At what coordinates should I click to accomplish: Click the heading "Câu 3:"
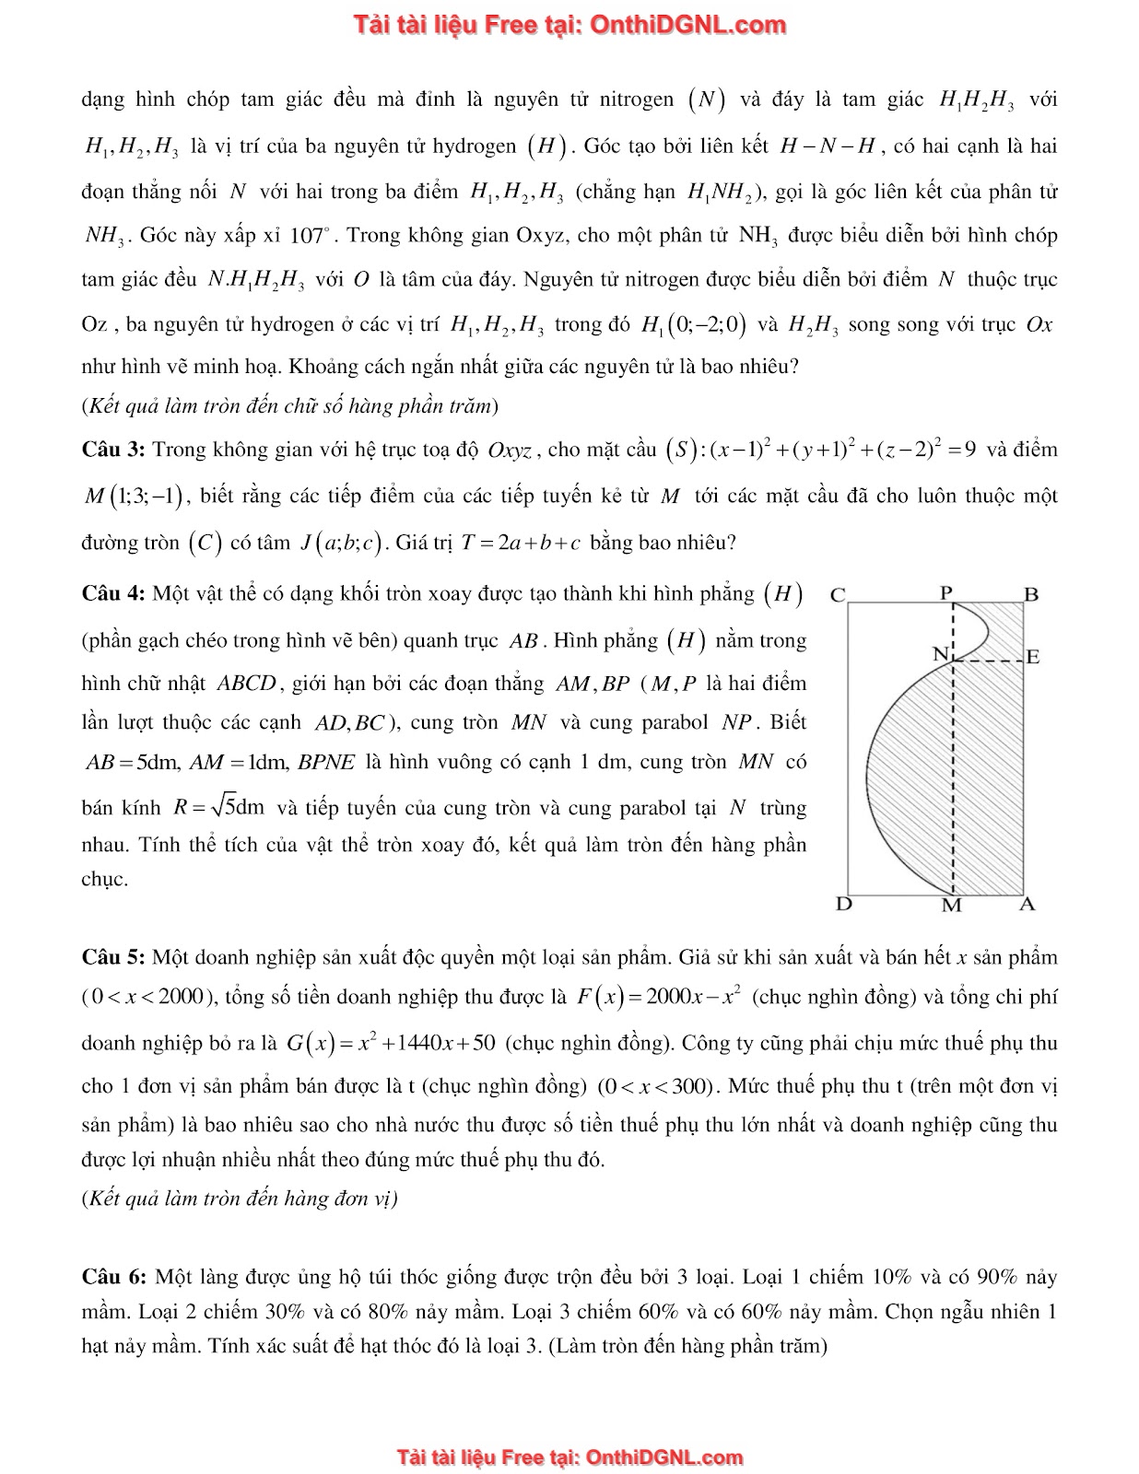(113, 450)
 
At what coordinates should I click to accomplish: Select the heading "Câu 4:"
(113, 594)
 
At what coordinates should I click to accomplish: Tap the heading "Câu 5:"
(113, 958)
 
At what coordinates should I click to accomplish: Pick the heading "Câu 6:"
(113, 1278)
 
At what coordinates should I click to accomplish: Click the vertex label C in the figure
(838, 595)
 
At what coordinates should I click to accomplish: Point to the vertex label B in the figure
(1031, 594)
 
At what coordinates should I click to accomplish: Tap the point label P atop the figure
(946, 592)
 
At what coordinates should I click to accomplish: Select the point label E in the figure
(1033, 657)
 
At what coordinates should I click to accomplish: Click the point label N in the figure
(940, 654)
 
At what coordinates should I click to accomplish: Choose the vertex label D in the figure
(843, 904)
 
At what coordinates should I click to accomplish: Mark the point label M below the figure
(952, 906)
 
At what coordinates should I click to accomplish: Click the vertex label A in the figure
(1027, 904)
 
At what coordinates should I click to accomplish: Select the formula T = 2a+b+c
(521, 543)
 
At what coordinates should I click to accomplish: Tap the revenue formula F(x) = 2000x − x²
(660, 996)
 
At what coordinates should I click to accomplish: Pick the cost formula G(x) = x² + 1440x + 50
(391, 1043)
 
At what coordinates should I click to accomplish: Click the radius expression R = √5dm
(219, 808)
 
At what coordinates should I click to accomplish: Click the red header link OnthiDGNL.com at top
(687, 25)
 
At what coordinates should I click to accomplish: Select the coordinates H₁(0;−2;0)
(693, 324)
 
